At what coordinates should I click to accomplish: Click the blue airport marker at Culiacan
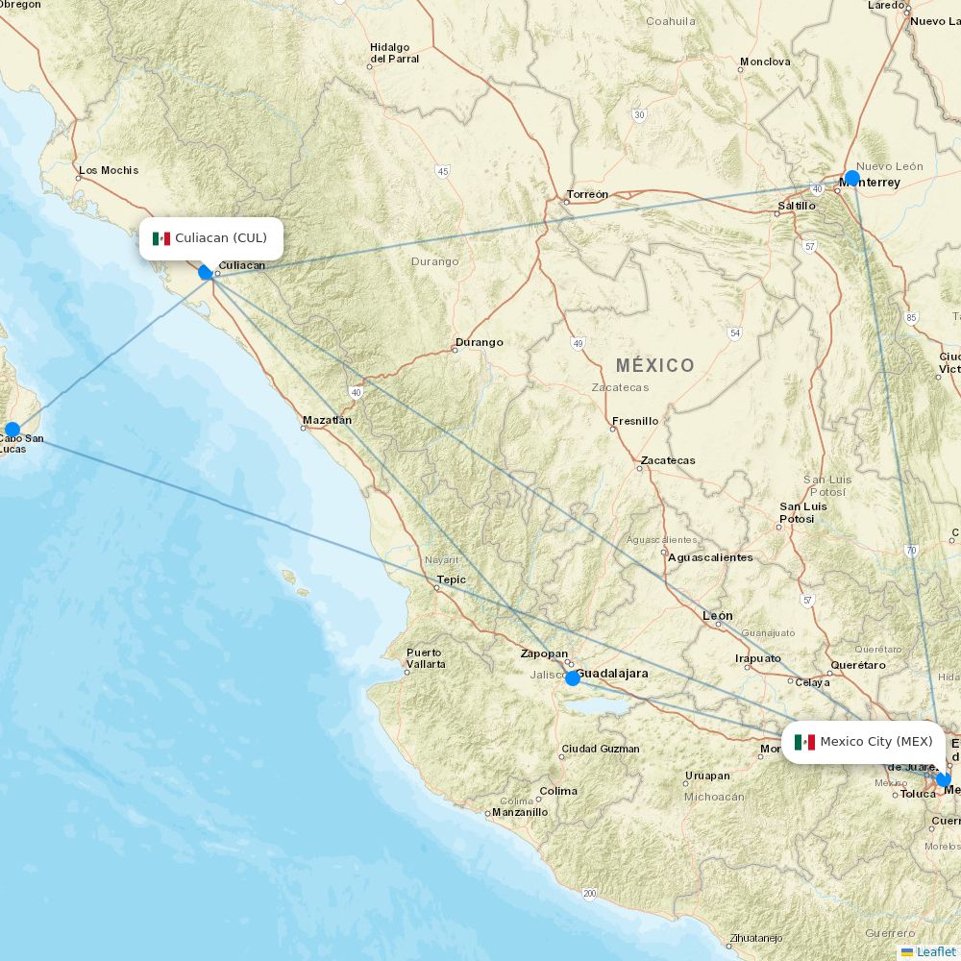(x=206, y=272)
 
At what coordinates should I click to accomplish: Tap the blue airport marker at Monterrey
(x=851, y=178)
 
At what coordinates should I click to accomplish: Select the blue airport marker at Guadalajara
(x=573, y=678)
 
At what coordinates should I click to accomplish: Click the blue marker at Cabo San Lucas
(x=12, y=430)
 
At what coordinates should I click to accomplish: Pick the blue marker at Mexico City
(x=943, y=779)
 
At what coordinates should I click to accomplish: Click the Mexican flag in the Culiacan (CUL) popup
(x=160, y=238)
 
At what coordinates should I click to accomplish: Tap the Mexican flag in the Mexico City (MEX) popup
(x=805, y=742)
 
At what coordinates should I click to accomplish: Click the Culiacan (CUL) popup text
(x=221, y=238)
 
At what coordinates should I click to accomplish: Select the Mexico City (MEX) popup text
(x=875, y=742)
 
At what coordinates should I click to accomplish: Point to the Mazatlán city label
(x=327, y=420)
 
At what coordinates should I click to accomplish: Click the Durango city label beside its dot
(x=479, y=342)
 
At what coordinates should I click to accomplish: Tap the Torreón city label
(x=587, y=194)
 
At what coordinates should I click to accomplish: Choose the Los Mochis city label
(x=109, y=170)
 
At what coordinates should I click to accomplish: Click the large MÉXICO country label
(x=654, y=365)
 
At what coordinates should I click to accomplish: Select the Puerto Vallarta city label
(x=426, y=658)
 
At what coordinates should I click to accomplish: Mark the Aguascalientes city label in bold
(x=710, y=557)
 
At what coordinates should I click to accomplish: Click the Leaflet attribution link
(x=935, y=951)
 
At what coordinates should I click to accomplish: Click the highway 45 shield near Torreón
(x=442, y=171)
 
